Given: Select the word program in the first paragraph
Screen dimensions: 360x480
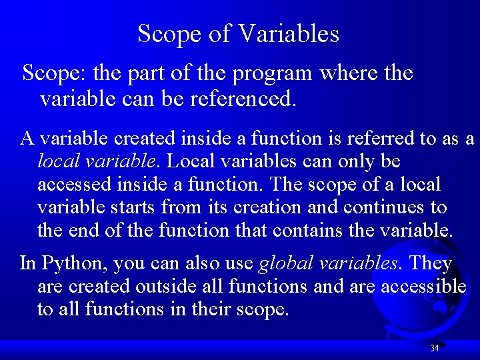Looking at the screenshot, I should (x=273, y=73).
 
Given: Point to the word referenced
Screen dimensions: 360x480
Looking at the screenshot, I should (x=242, y=100).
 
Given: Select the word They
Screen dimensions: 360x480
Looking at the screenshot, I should (x=431, y=263).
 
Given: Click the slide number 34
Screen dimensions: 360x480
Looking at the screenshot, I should (x=435, y=348).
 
